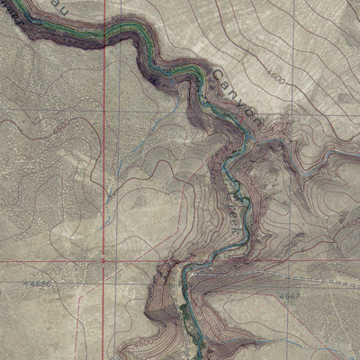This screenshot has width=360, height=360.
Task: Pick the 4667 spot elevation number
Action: point(290,295)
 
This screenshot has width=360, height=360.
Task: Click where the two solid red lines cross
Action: point(104,259)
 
